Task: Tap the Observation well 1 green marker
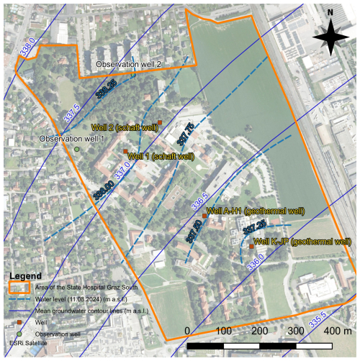click(x=76, y=149)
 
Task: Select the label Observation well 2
click(x=130, y=65)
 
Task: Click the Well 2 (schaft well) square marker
click(x=159, y=122)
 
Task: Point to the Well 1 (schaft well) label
click(x=161, y=155)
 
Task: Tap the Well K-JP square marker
click(x=251, y=247)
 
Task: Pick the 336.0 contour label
click(x=255, y=265)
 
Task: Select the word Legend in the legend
click(x=24, y=276)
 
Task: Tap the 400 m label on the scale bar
click(x=315, y=330)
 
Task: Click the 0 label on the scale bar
click(x=188, y=330)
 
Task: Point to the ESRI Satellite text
click(x=27, y=344)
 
